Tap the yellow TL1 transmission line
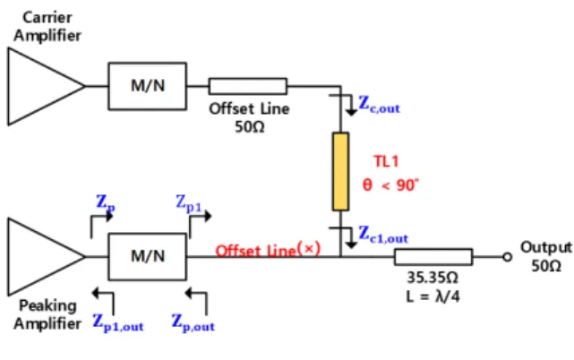click(x=340, y=171)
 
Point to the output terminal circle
click(x=507, y=257)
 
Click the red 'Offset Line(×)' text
click(x=268, y=250)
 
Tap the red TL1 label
click(x=386, y=161)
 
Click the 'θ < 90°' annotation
click(x=390, y=185)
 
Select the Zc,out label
click(x=379, y=104)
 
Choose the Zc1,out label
click(x=383, y=234)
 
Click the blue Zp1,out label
click(x=118, y=322)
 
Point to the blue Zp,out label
click(x=193, y=322)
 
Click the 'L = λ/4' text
click(x=433, y=296)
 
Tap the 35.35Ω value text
click(x=433, y=278)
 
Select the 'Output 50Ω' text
click(x=546, y=256)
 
